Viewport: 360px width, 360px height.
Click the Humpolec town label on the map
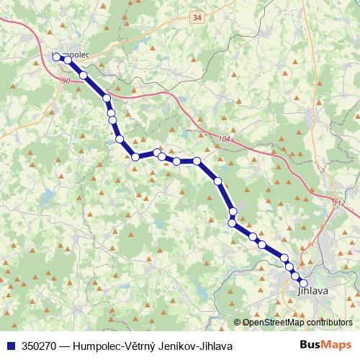tap(73, 53)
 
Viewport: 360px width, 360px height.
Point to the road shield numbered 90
tap(66, 81)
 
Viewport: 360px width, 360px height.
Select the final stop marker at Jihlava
tap(302, 283)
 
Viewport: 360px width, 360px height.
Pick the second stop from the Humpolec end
tap(68, 60)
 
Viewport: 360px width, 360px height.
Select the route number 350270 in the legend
tap(42, 346)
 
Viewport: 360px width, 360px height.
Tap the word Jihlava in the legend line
tap(214, 346)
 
